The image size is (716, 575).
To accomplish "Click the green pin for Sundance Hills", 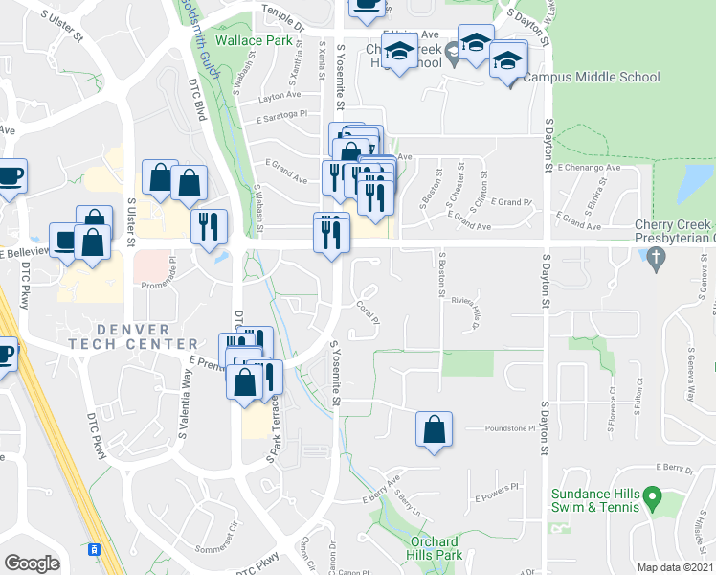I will [653, 497].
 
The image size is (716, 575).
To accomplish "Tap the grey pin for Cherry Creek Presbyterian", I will [656, 257].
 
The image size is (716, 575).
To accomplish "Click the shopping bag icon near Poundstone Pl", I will [434, 429].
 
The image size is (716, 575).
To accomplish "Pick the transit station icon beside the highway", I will [94, 550].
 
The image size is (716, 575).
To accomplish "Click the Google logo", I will [32, 563].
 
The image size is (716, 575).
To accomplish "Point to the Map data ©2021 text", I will [676, 567].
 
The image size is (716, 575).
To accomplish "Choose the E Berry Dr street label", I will [676, 469].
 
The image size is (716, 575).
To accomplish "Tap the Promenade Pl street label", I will [159, 286].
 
